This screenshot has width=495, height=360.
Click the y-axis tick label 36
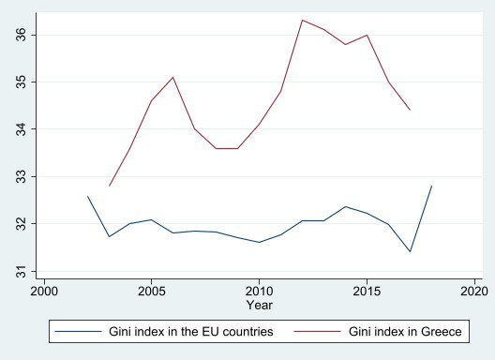click(x=22, y=35)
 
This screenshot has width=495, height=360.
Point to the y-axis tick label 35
click(x=22, y=82)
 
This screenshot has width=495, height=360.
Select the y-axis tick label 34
click(x=22, y=129)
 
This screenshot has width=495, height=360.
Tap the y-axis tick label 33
click(x=22, y=176)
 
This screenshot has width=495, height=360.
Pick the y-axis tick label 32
click(x=22, y=223)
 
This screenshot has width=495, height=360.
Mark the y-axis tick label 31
click(x=22, y=271)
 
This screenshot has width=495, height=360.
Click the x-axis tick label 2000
click(x=44, y=292)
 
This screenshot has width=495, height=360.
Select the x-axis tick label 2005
click(x=152, y=292)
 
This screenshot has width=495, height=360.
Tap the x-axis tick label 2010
click(x=259, y=292)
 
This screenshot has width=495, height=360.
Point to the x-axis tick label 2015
click(x=367, y=292)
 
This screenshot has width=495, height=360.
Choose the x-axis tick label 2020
click(x=474, y=292)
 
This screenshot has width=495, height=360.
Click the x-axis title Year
click(x=260, y=305)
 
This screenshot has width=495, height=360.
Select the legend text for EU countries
click(x=191, y=332)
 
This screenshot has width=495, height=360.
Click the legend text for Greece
click(x=405, y=332)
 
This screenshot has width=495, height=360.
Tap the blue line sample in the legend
click(x=79, y=331)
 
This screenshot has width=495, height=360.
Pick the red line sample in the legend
click(x=318, y=331)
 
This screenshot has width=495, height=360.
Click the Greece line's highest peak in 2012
click(x=303, y=21)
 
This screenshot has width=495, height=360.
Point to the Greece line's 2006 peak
click(x=173, y=77)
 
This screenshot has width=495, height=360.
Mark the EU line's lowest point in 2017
click(x=410, y=251)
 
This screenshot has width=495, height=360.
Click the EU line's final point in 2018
click(x=431, y=186)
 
